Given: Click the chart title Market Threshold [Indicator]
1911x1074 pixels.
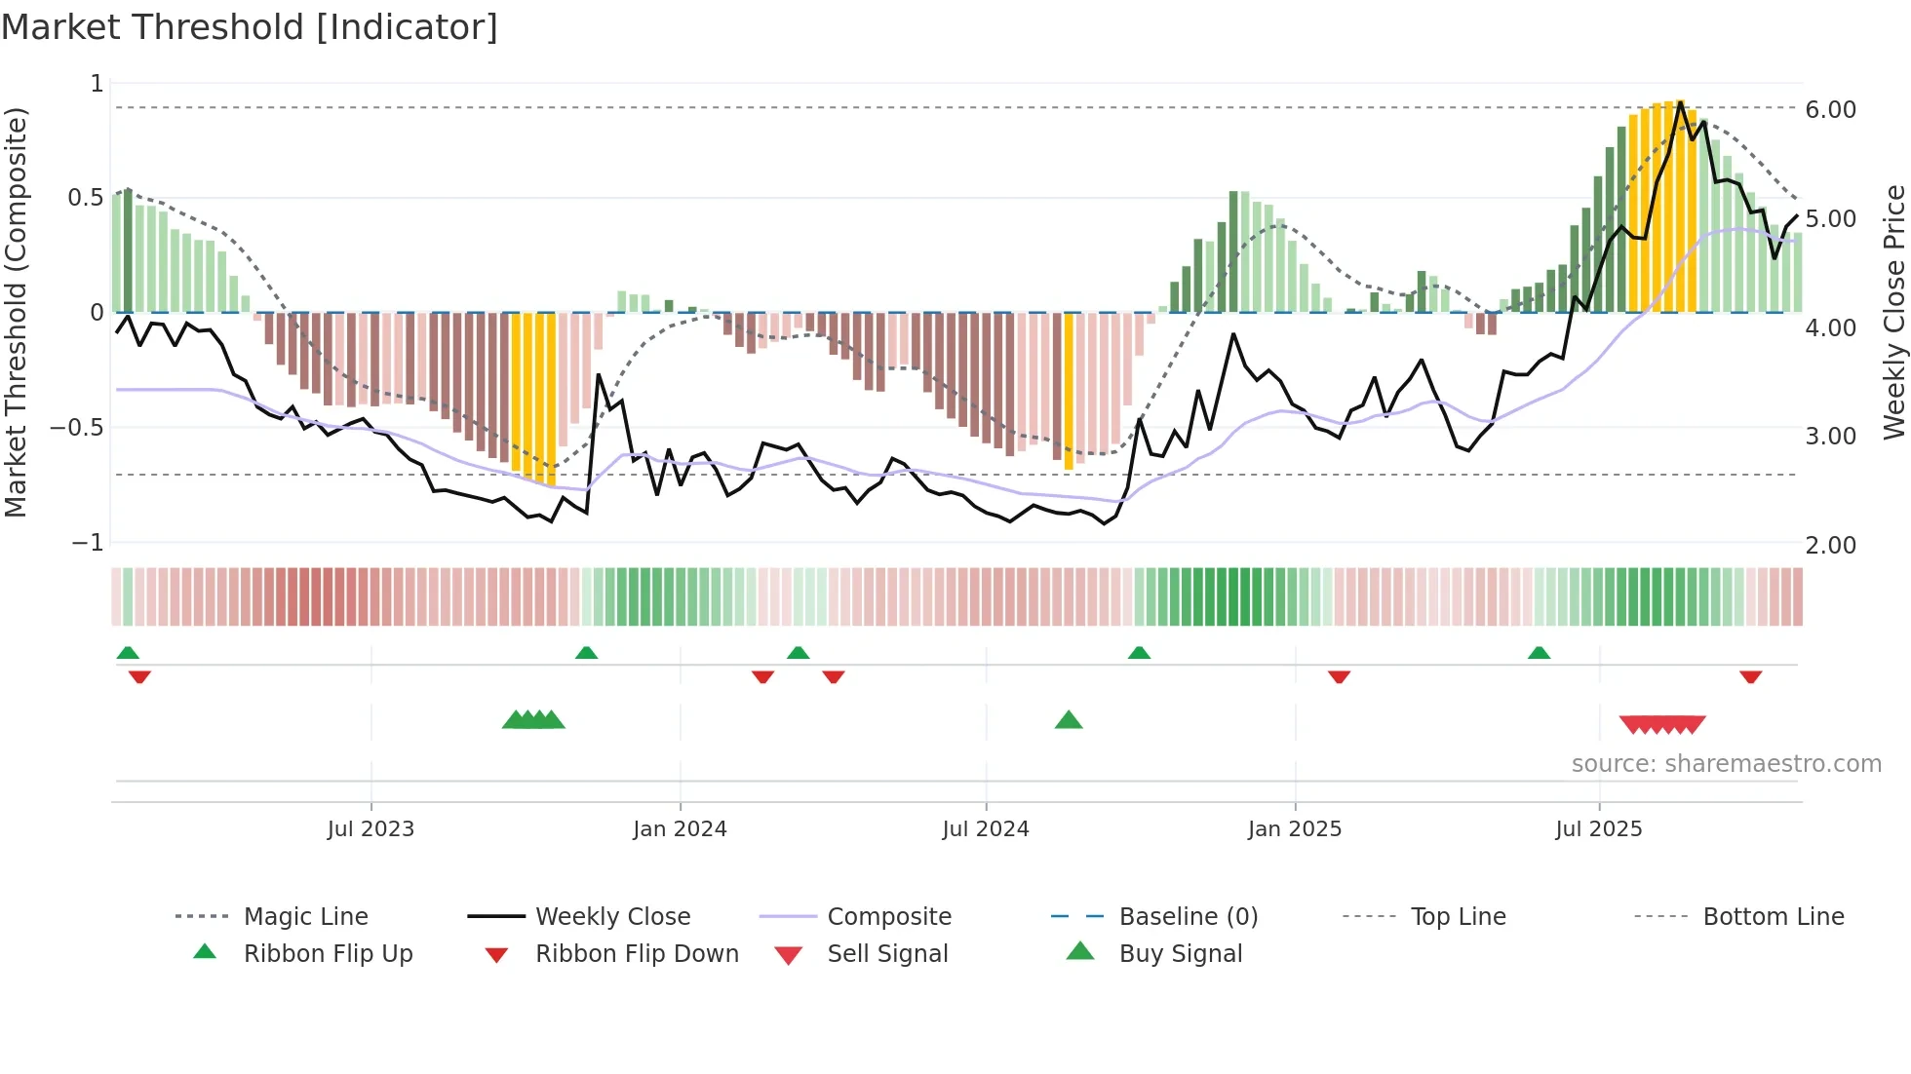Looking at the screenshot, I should (250, 27).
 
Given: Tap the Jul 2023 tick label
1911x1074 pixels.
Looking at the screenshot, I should (370, 829).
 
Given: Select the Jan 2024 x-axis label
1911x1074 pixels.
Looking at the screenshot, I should (680, 829).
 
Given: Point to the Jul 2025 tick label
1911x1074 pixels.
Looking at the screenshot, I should (1599, 829).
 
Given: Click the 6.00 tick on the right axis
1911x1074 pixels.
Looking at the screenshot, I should (1830, 110).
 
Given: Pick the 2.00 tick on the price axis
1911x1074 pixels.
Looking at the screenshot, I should (1830, 546).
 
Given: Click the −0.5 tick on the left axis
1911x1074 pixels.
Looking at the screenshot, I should (76, 428).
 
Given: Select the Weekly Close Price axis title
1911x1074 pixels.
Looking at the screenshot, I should (1893, 312).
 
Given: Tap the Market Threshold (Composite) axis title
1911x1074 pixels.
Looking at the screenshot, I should (16, 312).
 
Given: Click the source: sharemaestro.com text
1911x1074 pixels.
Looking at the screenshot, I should (1726, 764).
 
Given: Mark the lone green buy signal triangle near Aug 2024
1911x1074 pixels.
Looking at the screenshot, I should (1069, 720).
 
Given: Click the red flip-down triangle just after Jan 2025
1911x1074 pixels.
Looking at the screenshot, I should (1339, 676).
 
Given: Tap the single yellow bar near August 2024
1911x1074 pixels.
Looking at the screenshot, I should (1069, 390).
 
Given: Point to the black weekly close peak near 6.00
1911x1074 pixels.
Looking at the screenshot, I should (1680, 102).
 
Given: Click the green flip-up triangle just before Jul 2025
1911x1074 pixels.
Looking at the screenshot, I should (1539, 653).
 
